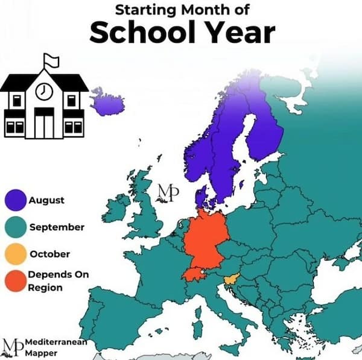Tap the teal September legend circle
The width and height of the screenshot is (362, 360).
[x=17, y=227]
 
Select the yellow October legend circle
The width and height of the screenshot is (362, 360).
[x=17, y=254]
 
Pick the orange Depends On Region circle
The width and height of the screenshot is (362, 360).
[x=17, y=280]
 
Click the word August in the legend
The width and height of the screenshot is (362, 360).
[x=46, y=200]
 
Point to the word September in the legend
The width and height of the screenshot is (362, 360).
[x=57, y=227]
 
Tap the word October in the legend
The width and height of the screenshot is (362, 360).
[x=49, y=254]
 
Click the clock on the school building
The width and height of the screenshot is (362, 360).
[x=44, y=91]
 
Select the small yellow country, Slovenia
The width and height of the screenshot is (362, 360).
[x=230, y=280]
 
